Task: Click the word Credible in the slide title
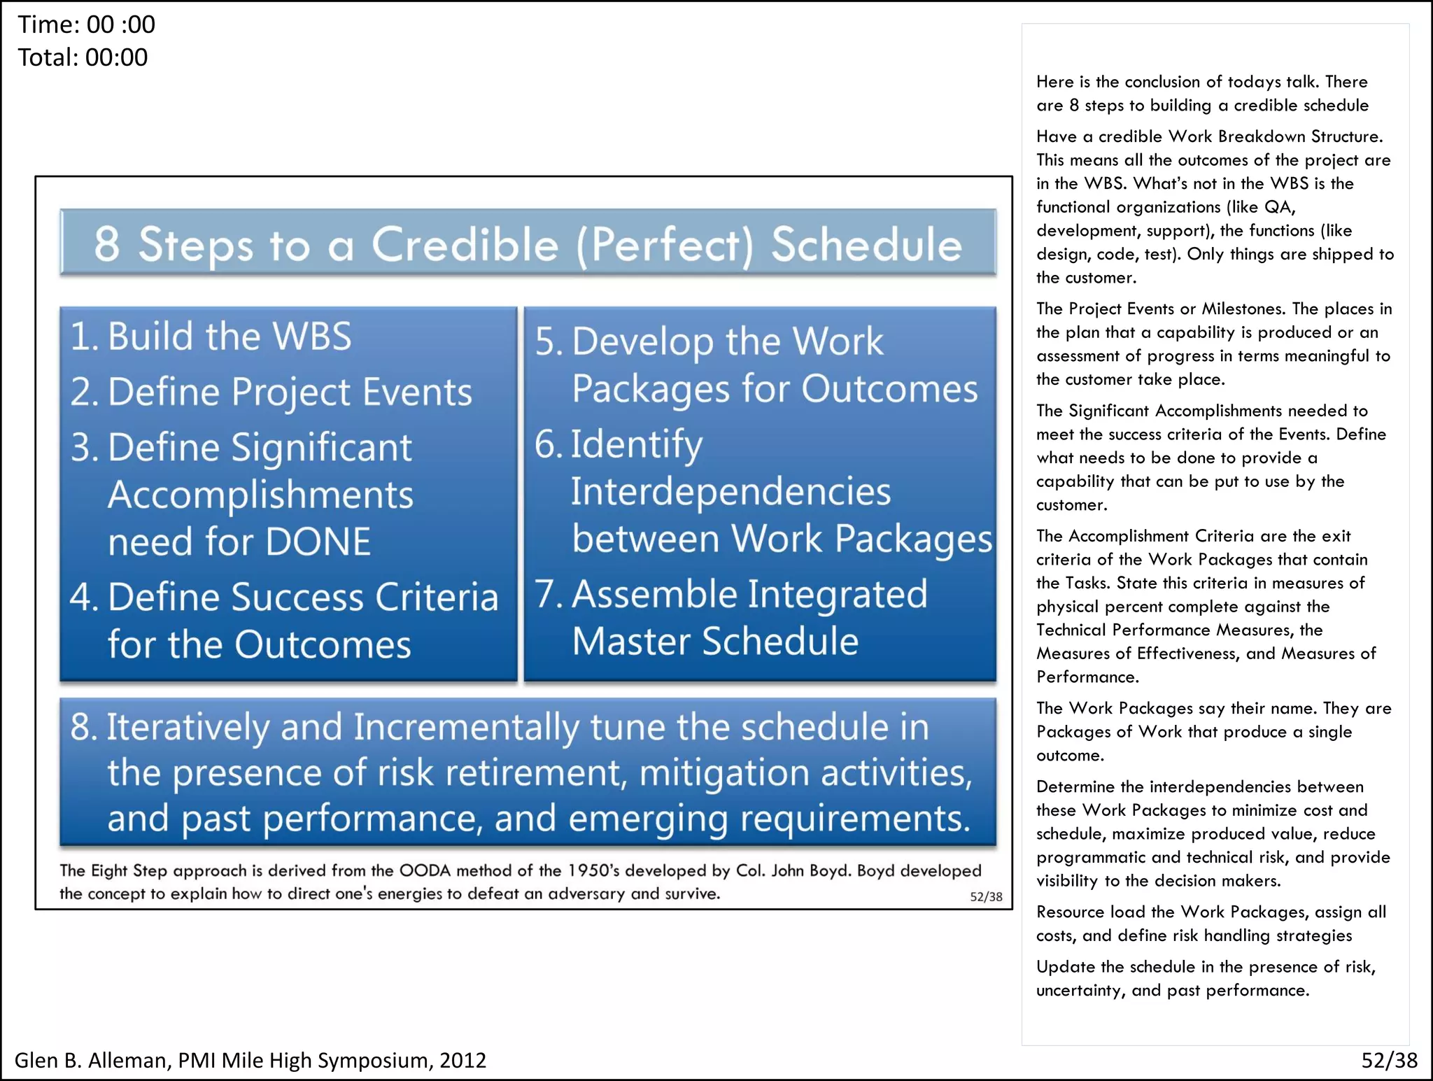(x=465, y=245)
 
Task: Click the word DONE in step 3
(x=318, y=542)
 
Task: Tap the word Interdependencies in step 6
(x=730, y=492)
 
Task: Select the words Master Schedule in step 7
(x=715, y=642)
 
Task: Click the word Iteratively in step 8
(x=188, y=728)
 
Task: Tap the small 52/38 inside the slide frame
(x=986, y=897)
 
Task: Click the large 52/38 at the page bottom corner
(x=1389, y=1061)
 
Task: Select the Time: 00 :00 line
(x=87, y=25)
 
